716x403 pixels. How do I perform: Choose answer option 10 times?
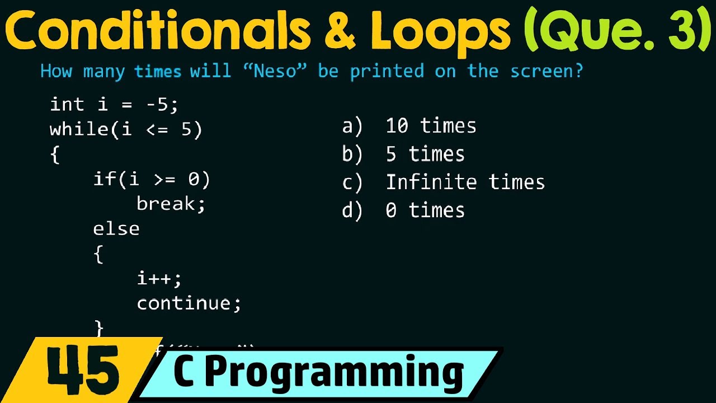431,126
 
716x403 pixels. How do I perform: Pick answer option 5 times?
425,154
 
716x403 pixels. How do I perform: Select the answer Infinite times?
465,182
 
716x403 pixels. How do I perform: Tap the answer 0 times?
425,210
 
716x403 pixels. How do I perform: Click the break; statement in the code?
171,204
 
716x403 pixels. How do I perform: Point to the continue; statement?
189,303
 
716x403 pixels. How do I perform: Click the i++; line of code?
159,278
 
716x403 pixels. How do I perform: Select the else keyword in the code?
116,229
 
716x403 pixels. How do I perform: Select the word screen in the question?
546,72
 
